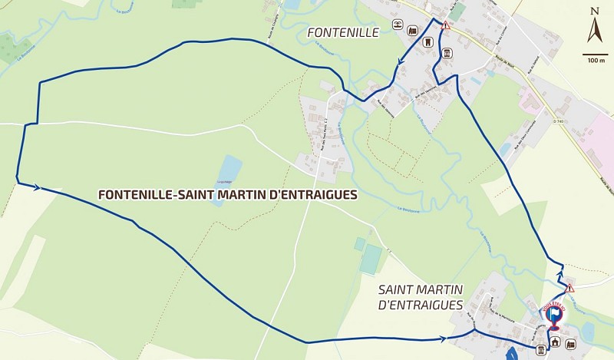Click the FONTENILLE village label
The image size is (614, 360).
click(343, 32)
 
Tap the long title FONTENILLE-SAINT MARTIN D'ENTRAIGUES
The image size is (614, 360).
click(228, 195)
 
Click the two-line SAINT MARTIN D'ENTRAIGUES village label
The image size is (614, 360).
click(421, 297)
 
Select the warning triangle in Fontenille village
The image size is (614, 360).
click(445, 25)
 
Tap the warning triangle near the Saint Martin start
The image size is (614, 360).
click(569, 289)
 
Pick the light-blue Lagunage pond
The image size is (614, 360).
click(229, 168)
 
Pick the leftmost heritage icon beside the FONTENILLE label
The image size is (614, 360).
click(398, 26)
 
